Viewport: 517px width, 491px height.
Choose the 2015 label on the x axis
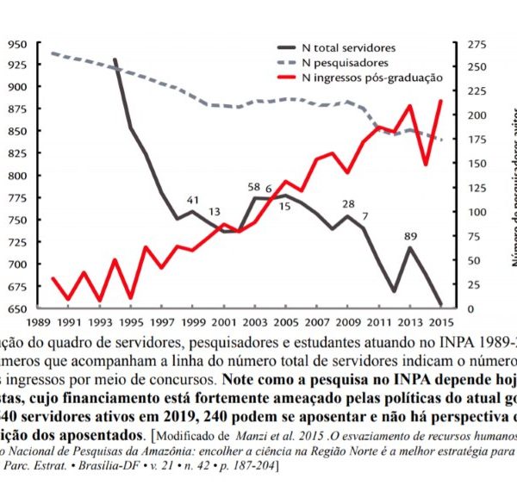pos(441,322)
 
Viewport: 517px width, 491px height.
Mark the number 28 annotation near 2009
pos(348,204)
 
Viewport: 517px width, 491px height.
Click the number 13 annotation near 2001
pos(214,212)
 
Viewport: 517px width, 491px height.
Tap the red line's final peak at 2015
pos(441,101)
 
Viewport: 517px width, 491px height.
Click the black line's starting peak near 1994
pos(115,59)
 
